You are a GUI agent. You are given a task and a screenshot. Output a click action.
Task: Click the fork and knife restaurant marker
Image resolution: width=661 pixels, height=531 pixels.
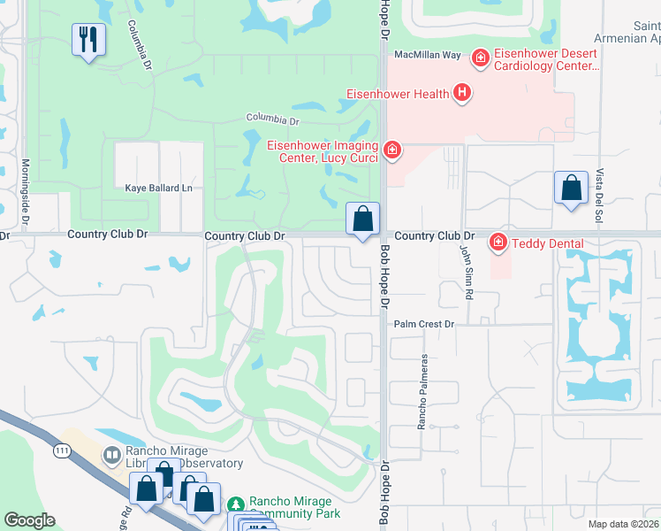88,40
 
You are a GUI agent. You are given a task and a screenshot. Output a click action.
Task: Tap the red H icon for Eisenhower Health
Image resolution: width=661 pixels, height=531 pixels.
461,92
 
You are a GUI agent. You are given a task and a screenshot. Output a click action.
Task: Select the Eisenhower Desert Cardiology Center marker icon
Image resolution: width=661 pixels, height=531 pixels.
481,58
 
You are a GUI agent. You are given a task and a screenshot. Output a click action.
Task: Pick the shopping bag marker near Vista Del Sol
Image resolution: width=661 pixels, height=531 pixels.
572,189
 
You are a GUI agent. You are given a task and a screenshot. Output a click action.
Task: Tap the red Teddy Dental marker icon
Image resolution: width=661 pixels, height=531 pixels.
498,242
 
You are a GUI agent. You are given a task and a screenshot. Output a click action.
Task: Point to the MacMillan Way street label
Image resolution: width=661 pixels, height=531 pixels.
428,55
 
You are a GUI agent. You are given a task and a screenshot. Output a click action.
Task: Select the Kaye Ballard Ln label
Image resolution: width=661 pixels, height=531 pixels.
158,188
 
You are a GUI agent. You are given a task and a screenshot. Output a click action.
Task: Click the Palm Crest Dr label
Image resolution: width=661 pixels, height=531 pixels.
423,325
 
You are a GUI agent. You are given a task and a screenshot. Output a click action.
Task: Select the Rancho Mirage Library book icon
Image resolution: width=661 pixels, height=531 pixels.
112,456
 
